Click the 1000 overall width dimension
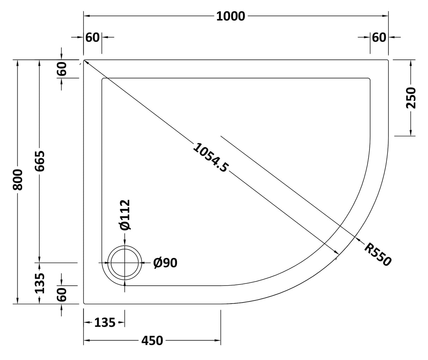[x=230, y=16]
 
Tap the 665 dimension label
[x=39, y=161]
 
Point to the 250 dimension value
[x=411, y=98]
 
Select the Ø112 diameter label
[x=125, y=215]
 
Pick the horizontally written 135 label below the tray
[x=105, y=322]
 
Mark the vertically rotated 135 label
[x=40, y=283]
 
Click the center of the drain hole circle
[x=125, y=263]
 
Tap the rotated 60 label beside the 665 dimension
[x=62, y=69]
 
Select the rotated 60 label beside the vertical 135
[x=62, y=294]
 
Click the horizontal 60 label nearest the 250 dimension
[x=379, y=37]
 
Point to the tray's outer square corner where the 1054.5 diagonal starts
[x=84, y=60]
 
